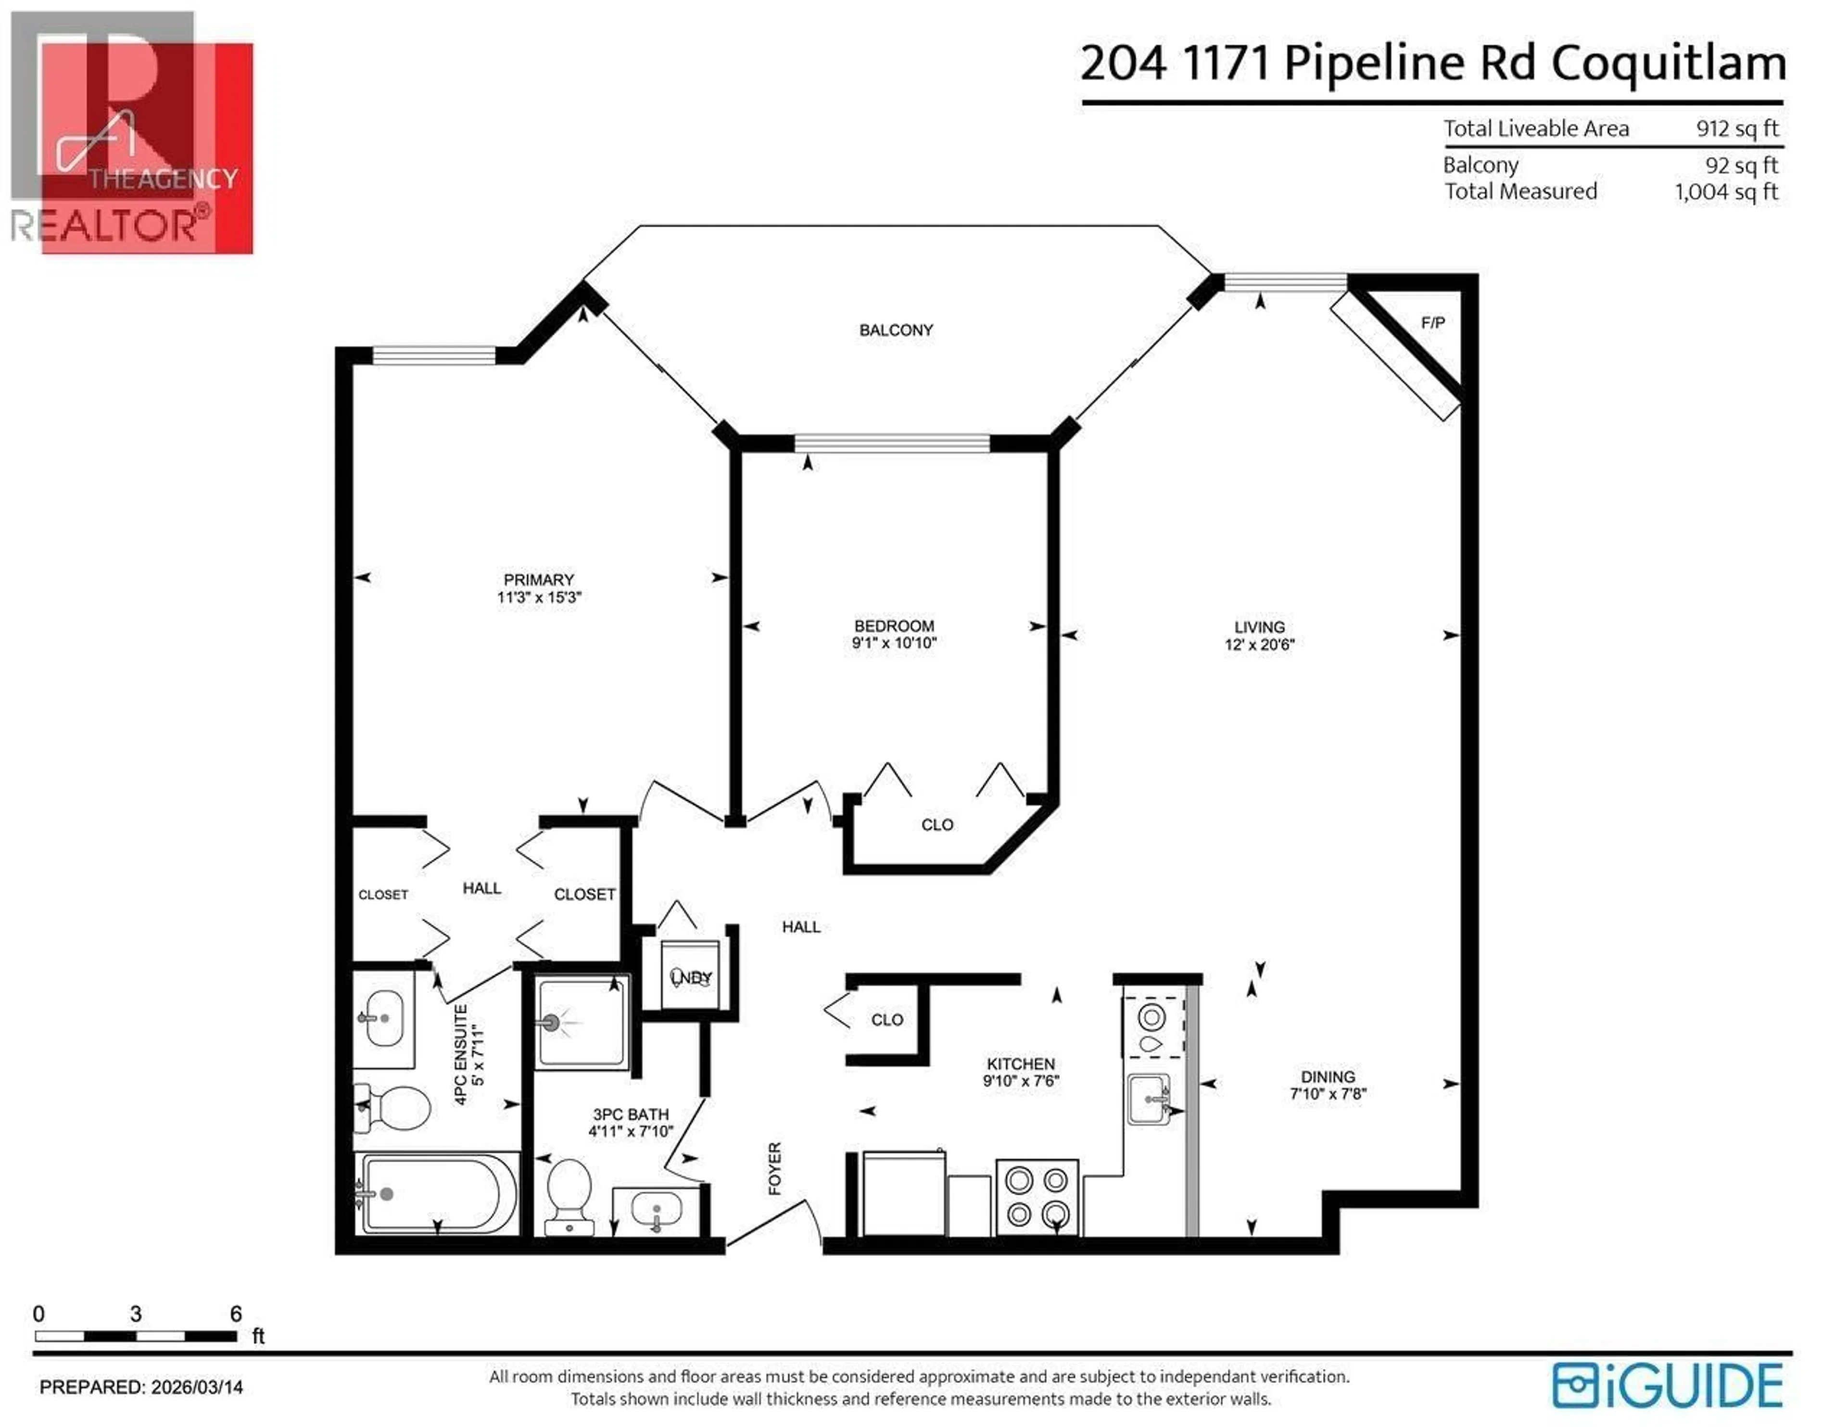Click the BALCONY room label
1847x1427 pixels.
click(x=896, y=330)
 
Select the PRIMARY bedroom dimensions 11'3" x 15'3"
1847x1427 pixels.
click(x=539, y=597)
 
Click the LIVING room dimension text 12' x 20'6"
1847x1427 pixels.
click(x=1259, y=644)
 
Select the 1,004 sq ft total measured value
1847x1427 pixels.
click(x=1726, y=192)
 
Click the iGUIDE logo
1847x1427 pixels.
click(x=1667, y=1386)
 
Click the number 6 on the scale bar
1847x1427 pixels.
click(x=236, y=1313)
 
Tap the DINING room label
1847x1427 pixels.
click(x=1328, y=1077)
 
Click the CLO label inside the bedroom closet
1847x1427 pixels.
click(x=937, y=825)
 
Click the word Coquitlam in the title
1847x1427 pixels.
click(x=1668, y=63)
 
